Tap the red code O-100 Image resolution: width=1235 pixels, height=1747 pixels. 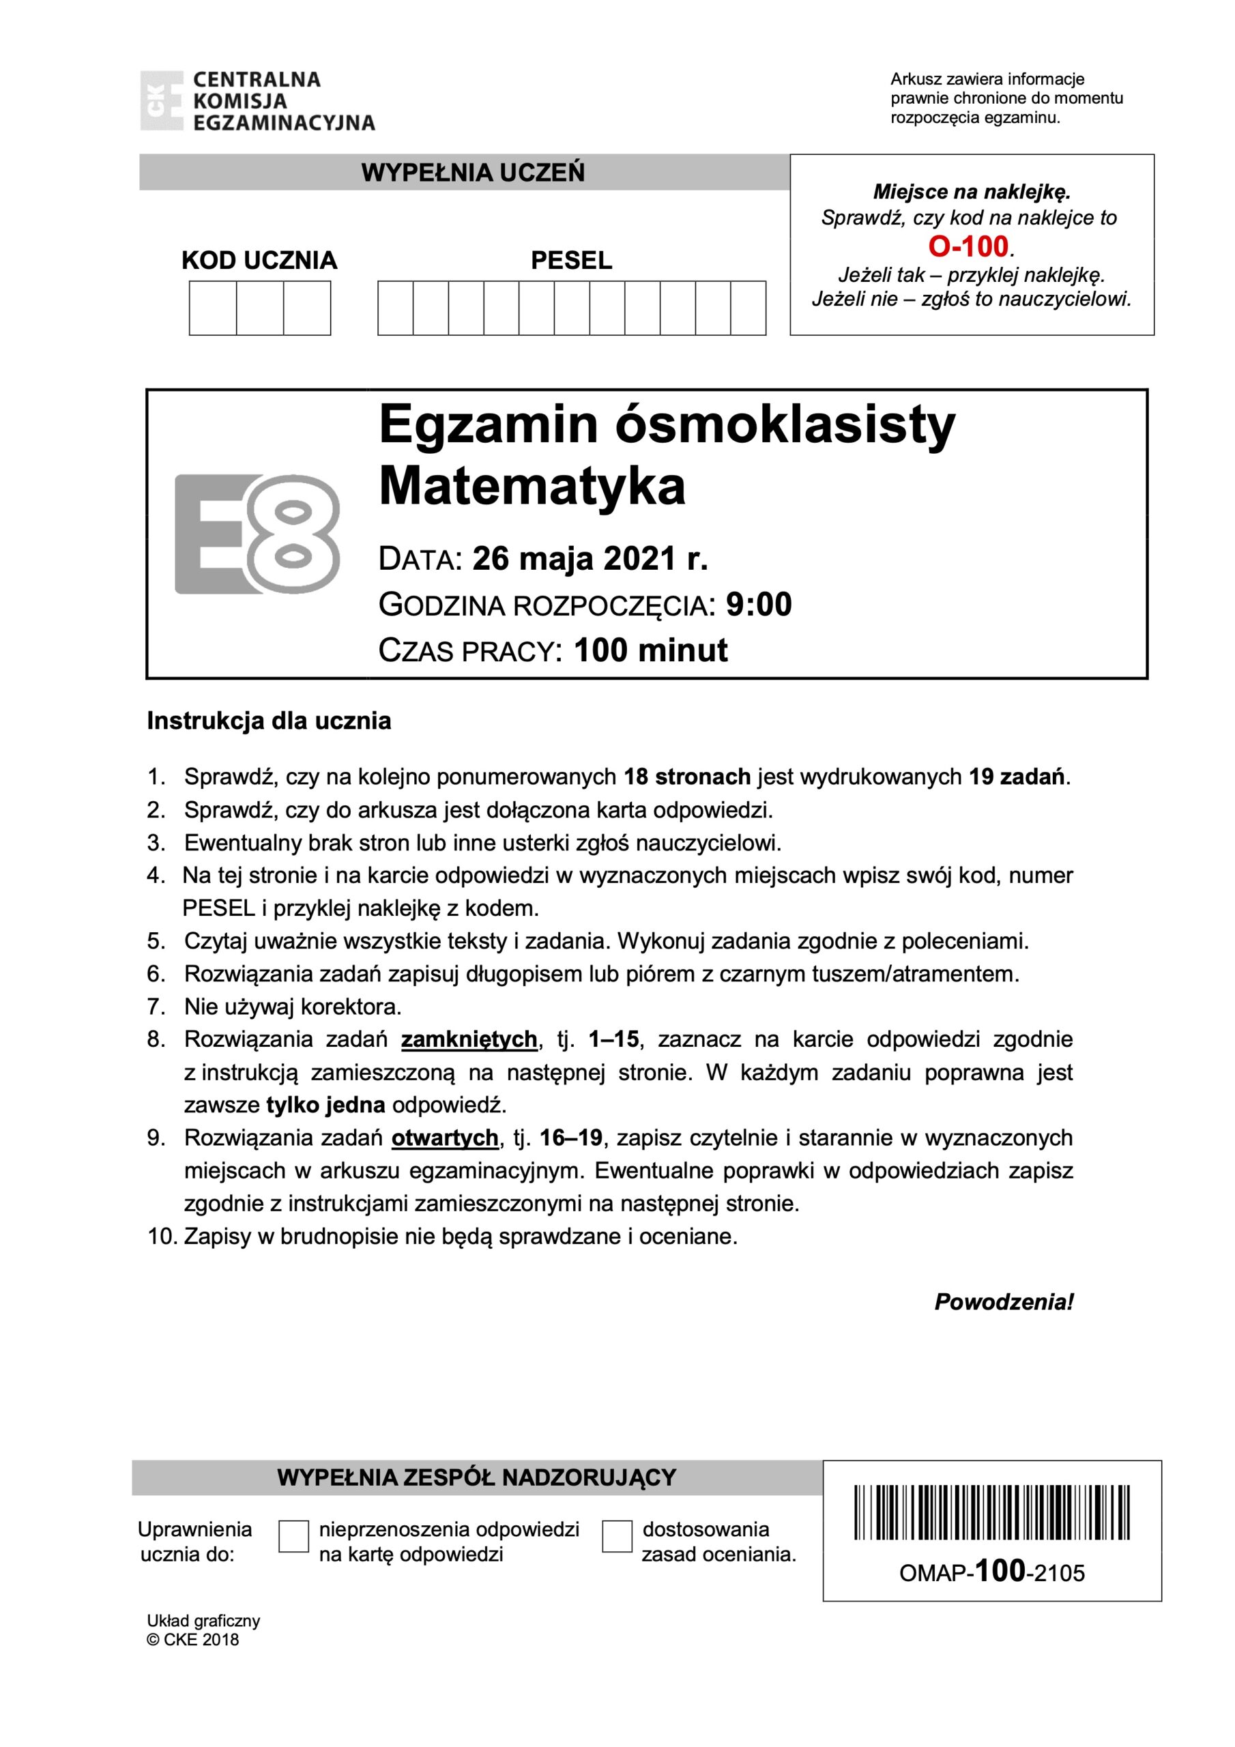tap(968, 246)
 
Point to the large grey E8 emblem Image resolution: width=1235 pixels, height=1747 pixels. tap(257, 534)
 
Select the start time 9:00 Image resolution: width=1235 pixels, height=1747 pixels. tap(759, 604)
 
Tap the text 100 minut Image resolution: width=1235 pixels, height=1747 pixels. tap(651, 650)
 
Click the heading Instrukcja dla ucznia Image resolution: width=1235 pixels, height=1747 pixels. tap(269, 721)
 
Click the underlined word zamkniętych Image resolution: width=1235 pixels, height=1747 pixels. tap(469, 1039)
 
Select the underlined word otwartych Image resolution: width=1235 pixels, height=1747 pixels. tap(444, 1138)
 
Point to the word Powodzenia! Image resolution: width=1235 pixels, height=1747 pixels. tap(1004, 1302)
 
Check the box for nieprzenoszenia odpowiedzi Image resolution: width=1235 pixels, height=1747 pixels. tap(293, 1536)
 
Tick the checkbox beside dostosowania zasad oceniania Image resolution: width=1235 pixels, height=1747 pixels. tap(616, 1536)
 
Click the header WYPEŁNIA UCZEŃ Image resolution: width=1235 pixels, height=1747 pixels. tap(473, 173)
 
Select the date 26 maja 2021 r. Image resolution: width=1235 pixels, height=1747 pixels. tap(590, 560)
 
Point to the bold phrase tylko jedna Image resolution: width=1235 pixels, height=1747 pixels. tap(325, 1105)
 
